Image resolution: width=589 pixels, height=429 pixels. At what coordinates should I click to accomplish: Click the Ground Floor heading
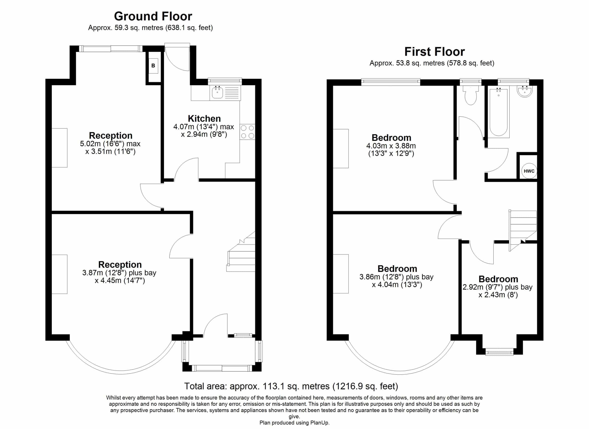click(153, 16)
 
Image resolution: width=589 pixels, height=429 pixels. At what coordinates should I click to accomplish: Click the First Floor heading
click(434, 52)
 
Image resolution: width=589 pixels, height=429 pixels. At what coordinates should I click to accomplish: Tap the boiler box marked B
click(153, 65)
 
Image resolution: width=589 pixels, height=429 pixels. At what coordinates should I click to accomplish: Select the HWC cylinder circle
click(529, 171)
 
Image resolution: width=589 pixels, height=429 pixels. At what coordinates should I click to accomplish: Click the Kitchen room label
click(204, 119)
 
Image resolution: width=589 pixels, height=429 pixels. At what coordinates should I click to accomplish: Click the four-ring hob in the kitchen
click(248, 132)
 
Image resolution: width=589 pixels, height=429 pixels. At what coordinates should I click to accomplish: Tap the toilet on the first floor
click(471, 95)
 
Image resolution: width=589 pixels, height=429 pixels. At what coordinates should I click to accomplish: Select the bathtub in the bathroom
click(498, 113)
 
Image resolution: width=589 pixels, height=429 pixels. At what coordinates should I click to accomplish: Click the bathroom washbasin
click(525, 91)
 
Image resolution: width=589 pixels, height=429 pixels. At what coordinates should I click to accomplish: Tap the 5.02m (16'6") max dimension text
click(110, 144)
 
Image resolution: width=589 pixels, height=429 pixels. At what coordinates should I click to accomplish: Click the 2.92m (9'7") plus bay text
click(497, 287)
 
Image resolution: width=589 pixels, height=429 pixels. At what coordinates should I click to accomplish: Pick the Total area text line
click(291, 386)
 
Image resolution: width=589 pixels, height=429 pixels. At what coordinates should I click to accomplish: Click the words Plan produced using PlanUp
click(294, 423)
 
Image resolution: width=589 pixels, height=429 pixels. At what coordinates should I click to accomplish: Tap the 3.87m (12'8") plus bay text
click(119, 273)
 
